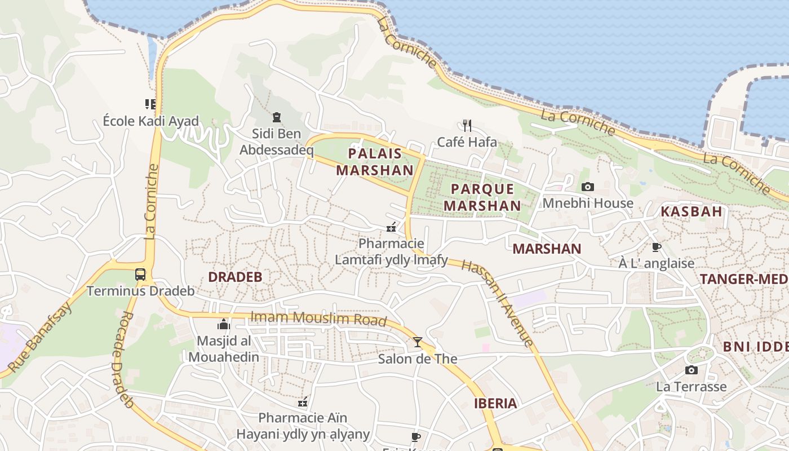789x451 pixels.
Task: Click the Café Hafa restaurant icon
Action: pyautogui.click(x=467, y=125)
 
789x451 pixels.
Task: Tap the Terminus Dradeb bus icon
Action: pyautogui.click(x=140, y=275)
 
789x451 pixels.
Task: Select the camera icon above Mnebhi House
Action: pyautogui.click(x=588, y=187)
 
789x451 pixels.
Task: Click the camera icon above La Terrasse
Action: pyautogui.click(x=692, y=370)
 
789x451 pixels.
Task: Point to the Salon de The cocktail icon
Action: pyautogui.click(x=417, y=342)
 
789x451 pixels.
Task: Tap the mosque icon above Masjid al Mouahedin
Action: pyautogui.click(x=224, y=324)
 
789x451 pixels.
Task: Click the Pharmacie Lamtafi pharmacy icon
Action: pyautogui.click(x=391, y=228)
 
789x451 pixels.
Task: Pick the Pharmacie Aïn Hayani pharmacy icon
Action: pyautogui.click(x=303, y=402)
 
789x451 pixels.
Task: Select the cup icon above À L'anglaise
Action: pyautogui.click(x=656, y=247)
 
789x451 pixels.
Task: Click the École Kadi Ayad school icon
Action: pyautogui.click(x=150, y=104)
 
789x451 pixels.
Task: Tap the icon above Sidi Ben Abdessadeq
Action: pyautogui.click(x=276, y=117)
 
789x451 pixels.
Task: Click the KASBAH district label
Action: pyautogui.click(x=691, y=212)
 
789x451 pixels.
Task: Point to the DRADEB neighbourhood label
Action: pyautogui.click(x=235, y=277)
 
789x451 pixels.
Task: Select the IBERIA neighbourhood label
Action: pyautogui.click(x=495, y=403)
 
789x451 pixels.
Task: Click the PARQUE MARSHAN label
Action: pyautogui.click(x=482, y=197)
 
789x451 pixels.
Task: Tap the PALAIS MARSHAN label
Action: pyautogui.click(x=375, y=162)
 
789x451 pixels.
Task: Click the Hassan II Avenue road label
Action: pyautogui.click(x=497, y=302)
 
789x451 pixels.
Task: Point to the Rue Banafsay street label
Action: pyautogui.click(x=41, y=337)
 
